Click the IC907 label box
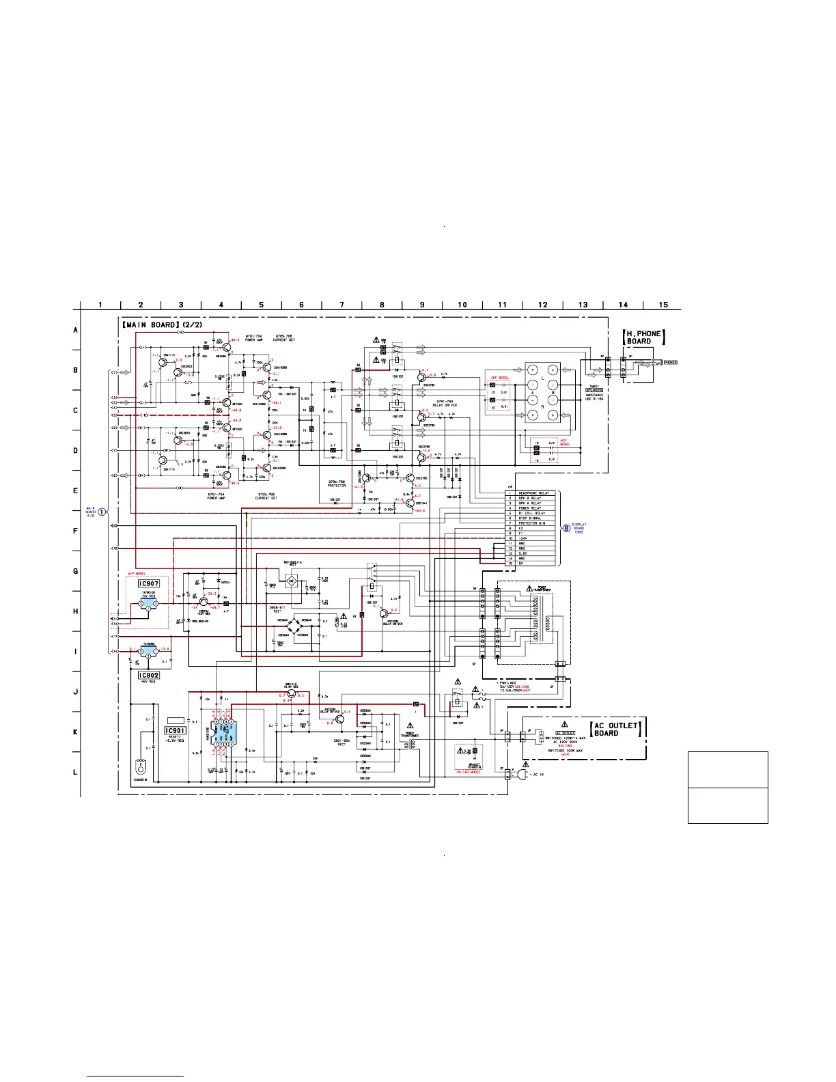(149, 583)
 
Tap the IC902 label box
(149, 675)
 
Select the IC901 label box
(176, 731)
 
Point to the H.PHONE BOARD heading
(643, 337)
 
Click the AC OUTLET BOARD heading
(615, 729)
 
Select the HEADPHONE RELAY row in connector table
(533, 493)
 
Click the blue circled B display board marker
(566, 527)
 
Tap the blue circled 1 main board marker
(102, 512)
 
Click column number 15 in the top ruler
(663, 305)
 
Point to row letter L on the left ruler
(76, 772)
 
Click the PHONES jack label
(671, 362)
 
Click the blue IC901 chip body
(224, 734)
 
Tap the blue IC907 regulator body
(148, 603)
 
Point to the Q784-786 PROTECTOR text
(337, 483)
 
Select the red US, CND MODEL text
(469, 772)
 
